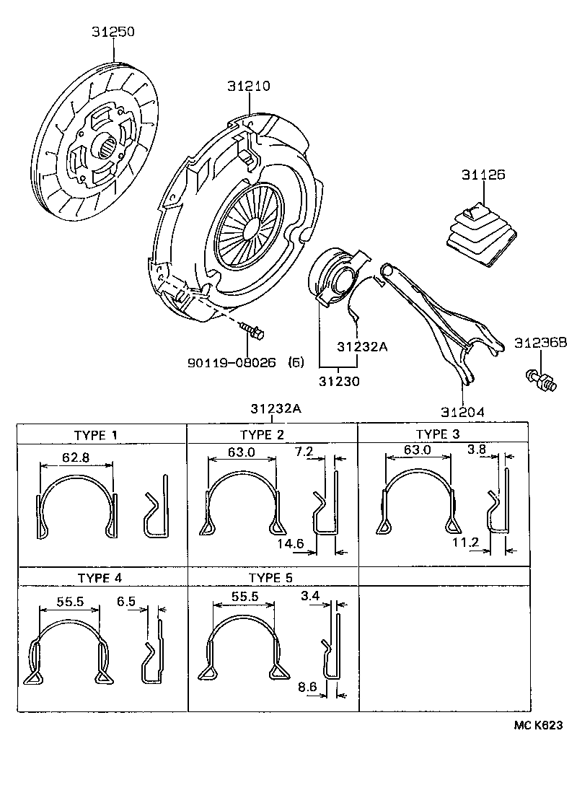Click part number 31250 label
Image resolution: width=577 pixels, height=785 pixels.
pyautogui.click(x=113, y=32)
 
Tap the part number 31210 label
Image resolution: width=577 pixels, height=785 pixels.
pyautogui.click(x=249, y=86)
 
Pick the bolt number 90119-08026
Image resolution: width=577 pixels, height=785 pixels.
pyautogui.click(x=232, y=364)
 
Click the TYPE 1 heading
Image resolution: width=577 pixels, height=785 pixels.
pyautogui.click(x=95, y=434)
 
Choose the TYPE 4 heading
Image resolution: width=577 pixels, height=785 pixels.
pyautogui.click(x=99, y=578)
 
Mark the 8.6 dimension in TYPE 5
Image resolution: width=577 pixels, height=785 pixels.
pyautogui.click(x=307, y=687)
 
